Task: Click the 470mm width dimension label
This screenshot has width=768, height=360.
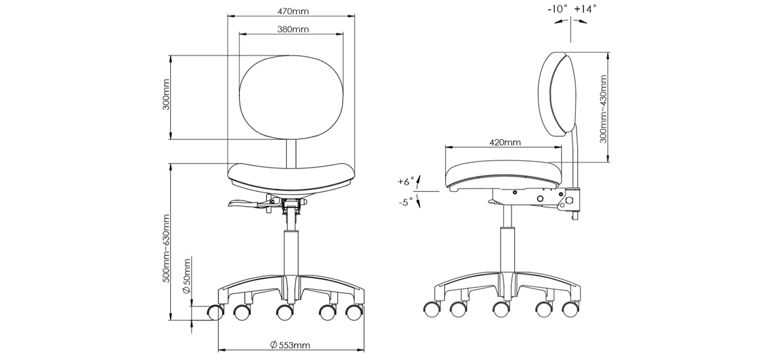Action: pos(293,11)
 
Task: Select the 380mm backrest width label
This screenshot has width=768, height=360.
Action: pos(293,29)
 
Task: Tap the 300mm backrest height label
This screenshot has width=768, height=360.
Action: pos(166,95)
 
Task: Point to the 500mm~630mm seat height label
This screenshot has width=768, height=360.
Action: pos(166,248)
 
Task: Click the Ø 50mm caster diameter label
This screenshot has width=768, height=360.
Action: pos(187,276)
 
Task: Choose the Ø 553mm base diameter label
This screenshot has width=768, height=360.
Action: pos(290,345)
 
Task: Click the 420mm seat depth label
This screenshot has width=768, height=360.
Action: pos(505,142)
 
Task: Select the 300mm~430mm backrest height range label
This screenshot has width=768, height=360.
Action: pos(603,109)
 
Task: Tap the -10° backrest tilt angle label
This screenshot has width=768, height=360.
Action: pos(557,9)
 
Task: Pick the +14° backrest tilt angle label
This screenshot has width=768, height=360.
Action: pos(586,9)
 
